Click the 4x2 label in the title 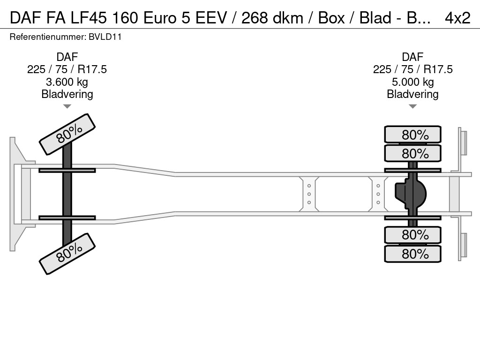tap(457, 18)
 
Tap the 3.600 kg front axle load tap(67, 82)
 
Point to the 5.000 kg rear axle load tap(412, 82)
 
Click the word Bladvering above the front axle tap(67, 94)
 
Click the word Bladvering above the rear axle tap(412, 94)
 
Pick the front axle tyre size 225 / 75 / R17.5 tap(67, 69)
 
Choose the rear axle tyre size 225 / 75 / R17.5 tap(412, 69)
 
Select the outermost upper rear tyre tap(412, 135)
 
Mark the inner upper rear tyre tap(412, 153)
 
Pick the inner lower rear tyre tap(412, 235)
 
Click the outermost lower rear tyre tap(412, 254)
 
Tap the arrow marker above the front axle tap(67, 106)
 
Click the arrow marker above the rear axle tap(412, 106)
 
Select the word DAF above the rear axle tap(412, 57)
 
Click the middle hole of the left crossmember tap(309, 194)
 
